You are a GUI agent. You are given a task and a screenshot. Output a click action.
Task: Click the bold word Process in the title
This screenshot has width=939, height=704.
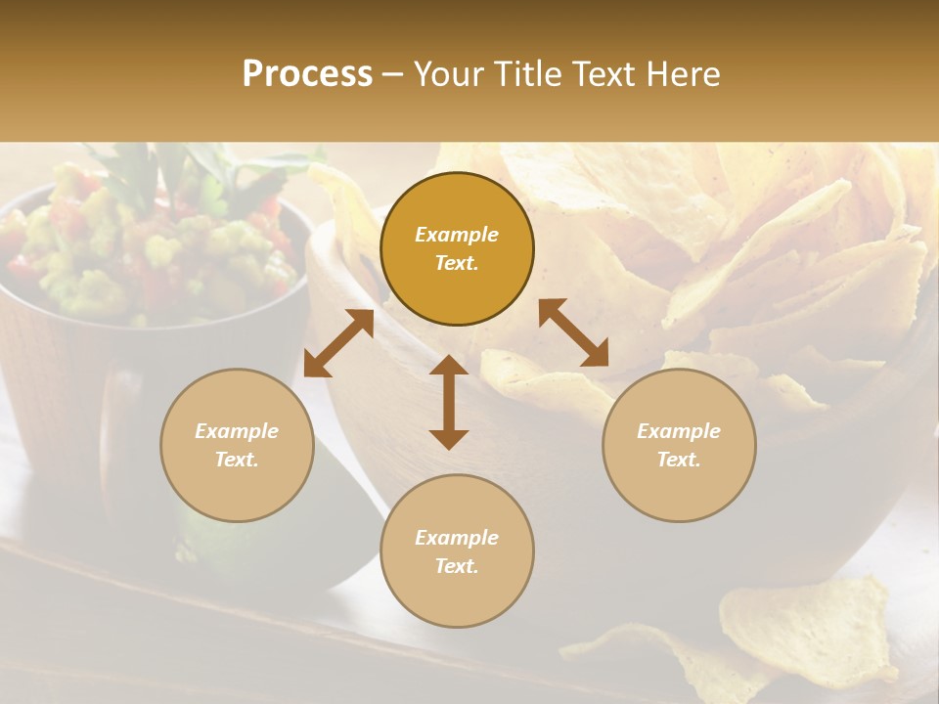307,74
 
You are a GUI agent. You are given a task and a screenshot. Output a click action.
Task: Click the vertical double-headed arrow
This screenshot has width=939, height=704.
449,402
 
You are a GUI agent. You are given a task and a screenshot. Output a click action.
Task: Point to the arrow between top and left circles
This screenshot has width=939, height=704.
338,343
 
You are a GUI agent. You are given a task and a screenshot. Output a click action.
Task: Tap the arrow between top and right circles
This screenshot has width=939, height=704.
573,333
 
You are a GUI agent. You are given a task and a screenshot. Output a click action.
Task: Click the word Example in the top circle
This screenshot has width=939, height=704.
457,235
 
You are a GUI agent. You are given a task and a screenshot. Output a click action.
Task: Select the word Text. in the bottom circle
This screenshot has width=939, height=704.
457,566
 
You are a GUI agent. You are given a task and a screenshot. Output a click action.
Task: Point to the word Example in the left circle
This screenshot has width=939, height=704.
237,431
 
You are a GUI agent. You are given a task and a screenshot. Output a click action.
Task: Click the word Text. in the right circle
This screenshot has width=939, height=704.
679,460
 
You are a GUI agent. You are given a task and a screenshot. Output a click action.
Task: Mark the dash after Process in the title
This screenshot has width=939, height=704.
392,74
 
